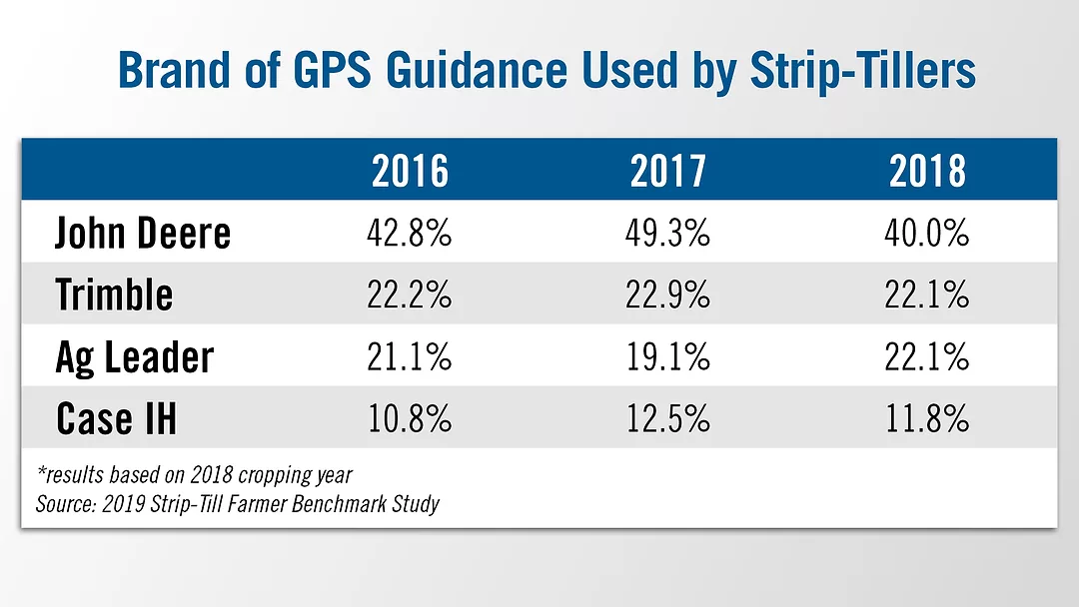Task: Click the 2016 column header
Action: click(x=411, y=172)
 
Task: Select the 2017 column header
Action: click(x=668, y=172)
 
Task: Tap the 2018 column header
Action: click(x=928, y=172)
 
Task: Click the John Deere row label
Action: click(x=143, y=234)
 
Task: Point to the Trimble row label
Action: click(x=114, y=295)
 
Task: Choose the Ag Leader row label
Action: click(x=134, y=356)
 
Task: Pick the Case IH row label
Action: click(x=116, y=418)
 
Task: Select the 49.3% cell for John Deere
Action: click(x=668, y=234)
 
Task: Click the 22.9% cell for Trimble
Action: click(x=668, y=295)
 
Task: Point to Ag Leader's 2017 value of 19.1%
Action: click(x=668, y=356)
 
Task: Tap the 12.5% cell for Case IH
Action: click(x=668, y=418)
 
